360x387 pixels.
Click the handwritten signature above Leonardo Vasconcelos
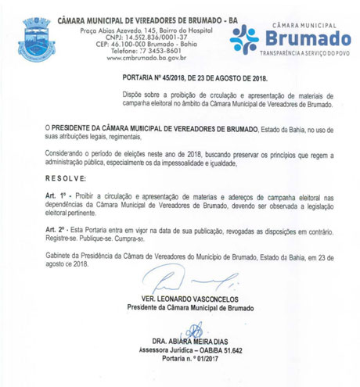[188, 282]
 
